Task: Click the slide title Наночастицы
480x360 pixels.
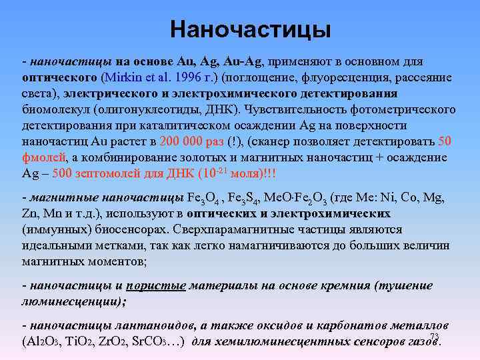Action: (x=250, y=29)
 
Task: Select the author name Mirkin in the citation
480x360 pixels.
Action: (x=121, y=77)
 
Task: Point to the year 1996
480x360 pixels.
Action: (x=189, y=77)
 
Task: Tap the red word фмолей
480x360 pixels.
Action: (x=43, y=157)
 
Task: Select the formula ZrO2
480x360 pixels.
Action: (x=124, y=342)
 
